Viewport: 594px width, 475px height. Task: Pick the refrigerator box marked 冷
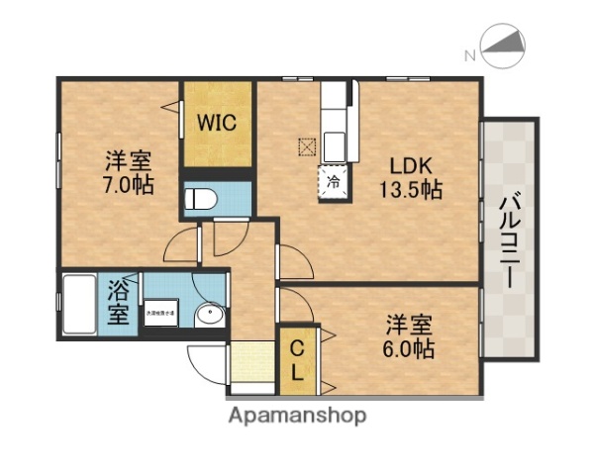click(335, 182)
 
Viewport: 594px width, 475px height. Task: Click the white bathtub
click(79, 305)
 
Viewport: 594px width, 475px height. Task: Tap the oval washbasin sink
click(209, 316)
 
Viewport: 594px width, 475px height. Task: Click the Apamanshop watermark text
click(298, 416)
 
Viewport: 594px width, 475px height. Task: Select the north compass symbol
click(505, 45)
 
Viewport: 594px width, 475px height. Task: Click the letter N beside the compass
click(469, 55)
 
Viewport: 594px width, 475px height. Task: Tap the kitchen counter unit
click(335, 119)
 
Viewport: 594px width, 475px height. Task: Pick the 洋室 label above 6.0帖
click(410, 325)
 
